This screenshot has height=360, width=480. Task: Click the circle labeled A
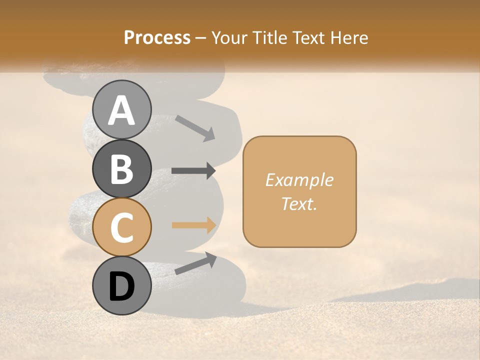click(x=121, y=109)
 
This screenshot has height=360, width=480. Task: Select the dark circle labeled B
click(x=121, y=168)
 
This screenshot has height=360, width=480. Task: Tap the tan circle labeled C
click(x=121, y=227)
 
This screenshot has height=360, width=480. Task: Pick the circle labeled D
click(x=121, y=286)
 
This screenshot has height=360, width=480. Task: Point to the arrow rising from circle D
click(x=195, y=263)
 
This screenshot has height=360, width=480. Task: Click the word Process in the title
click(x=157, y=37)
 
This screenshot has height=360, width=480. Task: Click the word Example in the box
click(x=299, y=180)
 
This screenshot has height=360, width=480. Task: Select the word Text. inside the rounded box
click(x=299, y=203)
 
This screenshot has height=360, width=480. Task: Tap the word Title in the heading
click(x=270, y=37)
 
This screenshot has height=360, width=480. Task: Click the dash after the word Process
click(x=201, y=38)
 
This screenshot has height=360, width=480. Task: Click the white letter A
click(x=121, y=110)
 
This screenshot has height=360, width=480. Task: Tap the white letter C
click(x=121, y=228)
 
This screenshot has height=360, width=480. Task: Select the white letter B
click(x=121, y=169)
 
